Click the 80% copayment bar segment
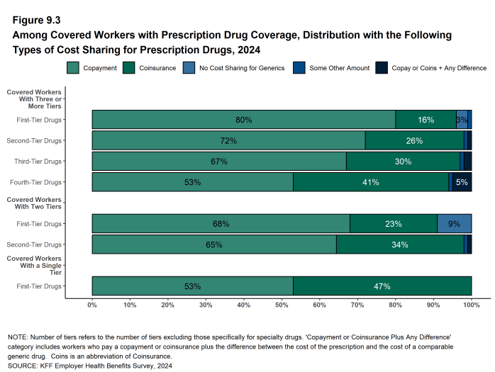pyautogui.click(x=243, y=120)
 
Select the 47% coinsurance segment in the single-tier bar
pyautogui.click(x=382, y=286)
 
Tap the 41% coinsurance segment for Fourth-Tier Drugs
pyautogui.click(x=371, y=182)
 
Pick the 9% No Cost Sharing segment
pyautogui.click(x=454, y=224)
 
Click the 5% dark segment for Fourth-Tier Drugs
pyautogui.click(x=462, y=182)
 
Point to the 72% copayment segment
pyautogui.click(x=228, y=141)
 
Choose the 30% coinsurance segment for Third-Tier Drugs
pyautogui.click(x=403, y=162)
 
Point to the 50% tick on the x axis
pyautogui.click(x=282, y=305)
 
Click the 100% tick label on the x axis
pyautogui.click(x=471, y=305)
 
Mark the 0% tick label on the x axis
pyautogui.click(x=92, y=305)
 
